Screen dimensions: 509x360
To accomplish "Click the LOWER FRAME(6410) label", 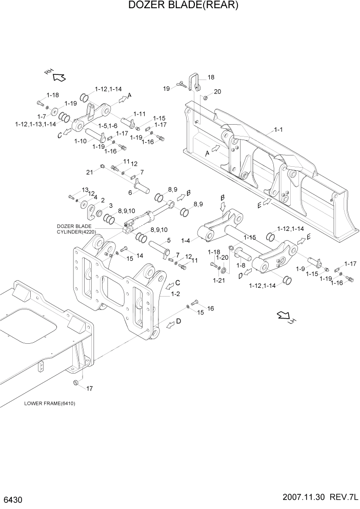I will pos(50,403).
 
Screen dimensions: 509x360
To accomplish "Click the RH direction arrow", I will pos(57,75).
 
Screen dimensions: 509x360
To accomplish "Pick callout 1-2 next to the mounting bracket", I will pos(175,294).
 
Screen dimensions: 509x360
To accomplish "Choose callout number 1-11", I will pos(139,114).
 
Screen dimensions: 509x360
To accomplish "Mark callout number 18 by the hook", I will pos(211,77).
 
